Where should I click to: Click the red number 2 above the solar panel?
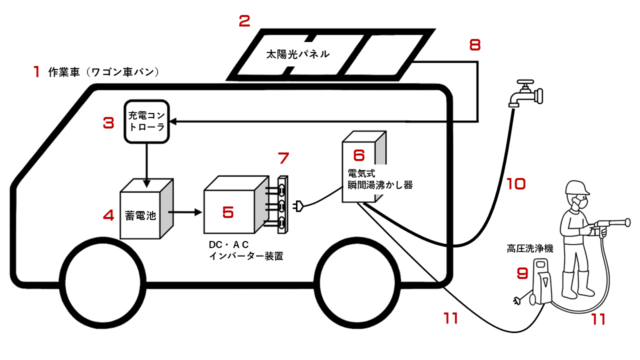point(244,20)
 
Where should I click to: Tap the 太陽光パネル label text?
point(298,54)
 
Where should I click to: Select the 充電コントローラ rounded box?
point(147,122)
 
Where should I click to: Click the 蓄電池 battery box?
point(146,209)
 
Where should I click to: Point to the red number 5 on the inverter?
point(228,212)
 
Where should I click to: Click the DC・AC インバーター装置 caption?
point(246,250)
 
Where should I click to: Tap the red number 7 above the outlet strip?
point(283,158)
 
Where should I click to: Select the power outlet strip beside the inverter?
point(282,204)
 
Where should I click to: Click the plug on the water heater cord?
point(298,205)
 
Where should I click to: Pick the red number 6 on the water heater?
point(358,155)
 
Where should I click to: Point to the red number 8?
point(475,45)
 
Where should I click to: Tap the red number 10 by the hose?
point(516,184)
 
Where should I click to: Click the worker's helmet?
point(577,187)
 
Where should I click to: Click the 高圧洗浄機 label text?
point(529,249)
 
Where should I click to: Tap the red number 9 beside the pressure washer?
point(522,273)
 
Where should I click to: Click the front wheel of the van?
point(102,282)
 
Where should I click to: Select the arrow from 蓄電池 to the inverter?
point(185,212)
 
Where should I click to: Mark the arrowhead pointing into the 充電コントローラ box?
point(173,122)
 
